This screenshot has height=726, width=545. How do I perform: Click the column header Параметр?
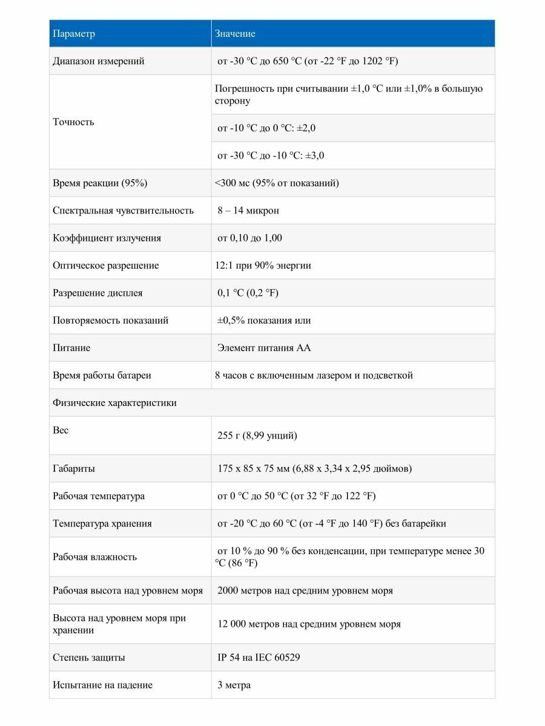[74, 34]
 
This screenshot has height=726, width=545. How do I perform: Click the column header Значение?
[235, 34]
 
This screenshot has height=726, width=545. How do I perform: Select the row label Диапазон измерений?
[99, 61]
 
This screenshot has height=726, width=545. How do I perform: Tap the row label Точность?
[73, 122]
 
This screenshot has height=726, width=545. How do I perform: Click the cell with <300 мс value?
[277, 183]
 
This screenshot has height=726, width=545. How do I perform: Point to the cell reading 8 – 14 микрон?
[248, 211]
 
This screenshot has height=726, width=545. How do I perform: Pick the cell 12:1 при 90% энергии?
[263, 265]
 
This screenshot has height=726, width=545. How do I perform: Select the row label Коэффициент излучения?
[107, 238]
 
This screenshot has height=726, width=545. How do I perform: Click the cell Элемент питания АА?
[264, 348]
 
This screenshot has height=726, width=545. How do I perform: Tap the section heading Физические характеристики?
[115, 402]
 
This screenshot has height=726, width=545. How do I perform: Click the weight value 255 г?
[257, 436]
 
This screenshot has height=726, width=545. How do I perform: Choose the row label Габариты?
[74, 468]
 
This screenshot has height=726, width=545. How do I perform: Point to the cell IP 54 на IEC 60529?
[259, 657]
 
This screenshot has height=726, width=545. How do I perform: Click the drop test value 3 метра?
[234, 685]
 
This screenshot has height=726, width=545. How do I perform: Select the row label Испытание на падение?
[103, 685]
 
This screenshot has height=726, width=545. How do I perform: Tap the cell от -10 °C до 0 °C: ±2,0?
[266, 128]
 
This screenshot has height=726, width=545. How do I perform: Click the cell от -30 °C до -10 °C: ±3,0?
[271, 155]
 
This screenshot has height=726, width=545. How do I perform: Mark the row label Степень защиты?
[89, 657]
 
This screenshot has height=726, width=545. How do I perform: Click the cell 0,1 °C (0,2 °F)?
[248, 293]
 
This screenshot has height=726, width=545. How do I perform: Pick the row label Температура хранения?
[102, 523]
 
